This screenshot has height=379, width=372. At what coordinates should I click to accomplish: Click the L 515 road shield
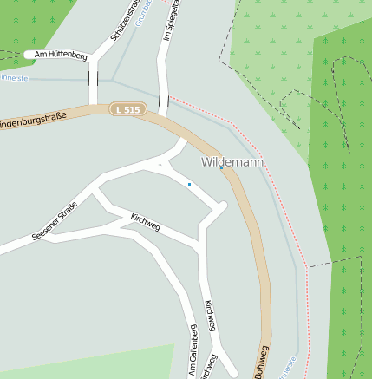pos(127,109)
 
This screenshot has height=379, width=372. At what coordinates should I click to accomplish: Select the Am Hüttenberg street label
pos(56,55)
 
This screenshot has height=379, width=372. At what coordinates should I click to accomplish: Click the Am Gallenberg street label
pos(193,352)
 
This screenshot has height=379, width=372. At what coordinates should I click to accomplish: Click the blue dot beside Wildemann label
pos(221,168)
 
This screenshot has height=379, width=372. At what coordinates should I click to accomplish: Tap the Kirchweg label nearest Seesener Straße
pos(145,220)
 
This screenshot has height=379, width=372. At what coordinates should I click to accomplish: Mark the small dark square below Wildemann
pos(189,184)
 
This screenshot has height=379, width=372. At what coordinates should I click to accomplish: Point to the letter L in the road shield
pos(117,109)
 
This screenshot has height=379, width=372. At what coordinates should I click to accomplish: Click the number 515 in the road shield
pos(131,109)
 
